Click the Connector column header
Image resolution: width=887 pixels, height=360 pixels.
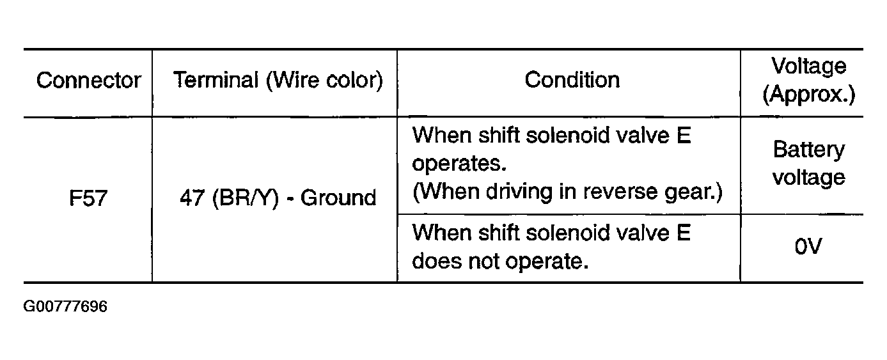(88, 81)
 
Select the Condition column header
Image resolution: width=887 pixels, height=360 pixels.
(572, 80)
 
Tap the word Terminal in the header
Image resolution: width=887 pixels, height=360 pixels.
(216, 80)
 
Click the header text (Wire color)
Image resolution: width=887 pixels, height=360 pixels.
(325, 81)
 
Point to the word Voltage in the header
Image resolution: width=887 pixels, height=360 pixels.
(808, 67)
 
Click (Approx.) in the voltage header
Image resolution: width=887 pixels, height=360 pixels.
(809, 95)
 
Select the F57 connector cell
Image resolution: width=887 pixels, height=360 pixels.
(88, 198)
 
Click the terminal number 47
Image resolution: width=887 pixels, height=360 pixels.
(192, 198)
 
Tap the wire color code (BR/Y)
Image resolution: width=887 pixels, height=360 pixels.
(246, 198)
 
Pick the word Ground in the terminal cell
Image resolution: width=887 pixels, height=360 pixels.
(338, 198)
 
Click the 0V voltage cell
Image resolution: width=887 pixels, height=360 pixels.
(808, 246)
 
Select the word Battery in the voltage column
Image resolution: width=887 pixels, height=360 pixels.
(808, 150)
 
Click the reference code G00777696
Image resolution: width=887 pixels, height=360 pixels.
(65, 306)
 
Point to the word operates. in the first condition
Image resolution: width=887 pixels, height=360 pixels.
(459, 164)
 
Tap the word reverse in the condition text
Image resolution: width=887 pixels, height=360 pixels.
(620, 192)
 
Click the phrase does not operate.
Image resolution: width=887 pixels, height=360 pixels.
(500, 262)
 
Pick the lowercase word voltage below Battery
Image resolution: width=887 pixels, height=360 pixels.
(808, 178)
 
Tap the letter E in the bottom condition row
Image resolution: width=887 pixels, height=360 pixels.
(684, 233)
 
